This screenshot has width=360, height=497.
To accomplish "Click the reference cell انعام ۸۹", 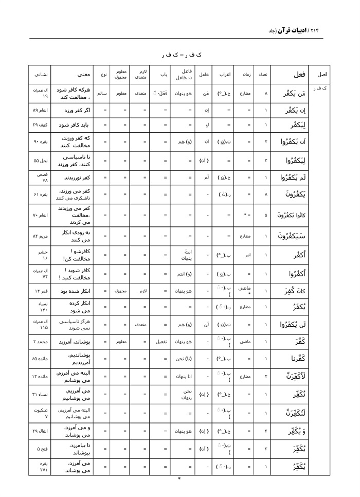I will tap(41, 110).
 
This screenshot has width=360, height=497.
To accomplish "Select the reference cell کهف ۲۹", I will tap(41, 125).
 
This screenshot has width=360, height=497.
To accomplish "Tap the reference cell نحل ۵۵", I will tap(41, 160).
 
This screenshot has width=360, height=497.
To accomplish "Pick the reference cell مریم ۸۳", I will tap(41, 236).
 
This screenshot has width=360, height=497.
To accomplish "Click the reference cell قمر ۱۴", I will tap(41, 291).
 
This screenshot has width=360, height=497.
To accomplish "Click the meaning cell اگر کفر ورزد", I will tap(76, 110).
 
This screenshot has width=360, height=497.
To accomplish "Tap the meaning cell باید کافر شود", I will tap(76, 125).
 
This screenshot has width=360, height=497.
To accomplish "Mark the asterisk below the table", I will tap(179, 480).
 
